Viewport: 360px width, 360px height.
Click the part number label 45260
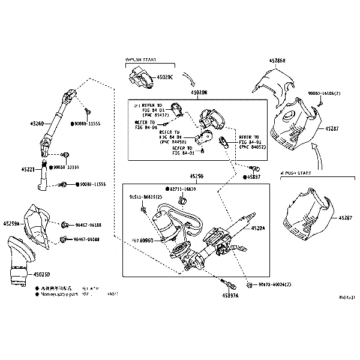click(x=37, y=124)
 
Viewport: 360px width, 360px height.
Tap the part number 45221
click(x=37, y=170)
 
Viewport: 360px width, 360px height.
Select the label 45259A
click(x=11, y=223)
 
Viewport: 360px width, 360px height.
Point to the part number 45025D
click(x=42, y=275)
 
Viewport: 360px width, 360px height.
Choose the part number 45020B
click(x=199, y=93)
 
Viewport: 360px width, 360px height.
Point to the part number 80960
click(x=145, y=240)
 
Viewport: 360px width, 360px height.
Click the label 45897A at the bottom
click(x=230, y=296)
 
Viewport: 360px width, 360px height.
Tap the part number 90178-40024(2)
click(x=275, y=283)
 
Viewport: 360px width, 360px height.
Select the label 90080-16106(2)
click(x=324, y=94)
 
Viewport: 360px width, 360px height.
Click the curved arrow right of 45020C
click(x=187, y=79)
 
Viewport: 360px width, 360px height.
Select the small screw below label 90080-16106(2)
click(x=320, y=103)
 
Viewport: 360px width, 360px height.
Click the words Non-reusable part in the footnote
click(x=60, y=295)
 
